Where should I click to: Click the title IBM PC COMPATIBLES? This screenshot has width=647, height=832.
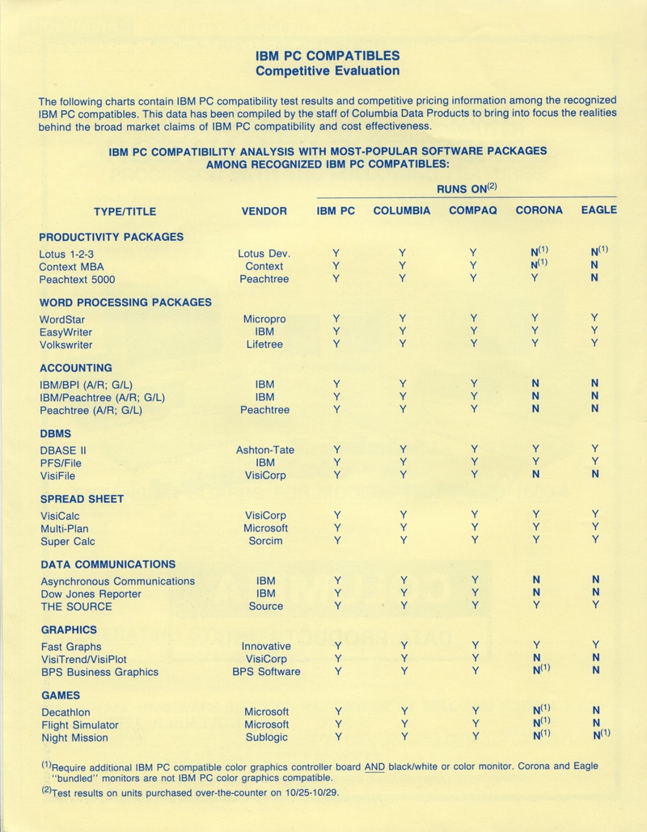[328, 56]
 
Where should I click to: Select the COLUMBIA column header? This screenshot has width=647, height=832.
[401, 211]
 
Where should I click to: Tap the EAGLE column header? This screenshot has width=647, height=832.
[598, 210]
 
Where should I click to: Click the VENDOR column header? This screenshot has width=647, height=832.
[264, 211]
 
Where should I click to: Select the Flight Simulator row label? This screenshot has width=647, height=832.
[80, 724]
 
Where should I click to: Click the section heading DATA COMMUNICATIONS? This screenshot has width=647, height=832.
[108, 564]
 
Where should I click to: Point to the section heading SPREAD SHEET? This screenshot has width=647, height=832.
[82, 499]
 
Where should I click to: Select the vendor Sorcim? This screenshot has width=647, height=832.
[265, 541]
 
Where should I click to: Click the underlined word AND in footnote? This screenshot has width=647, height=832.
[374, 766]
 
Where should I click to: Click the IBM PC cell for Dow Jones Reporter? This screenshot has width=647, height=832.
[336, 593]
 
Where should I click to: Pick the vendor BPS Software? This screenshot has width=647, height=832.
[266, 672]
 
